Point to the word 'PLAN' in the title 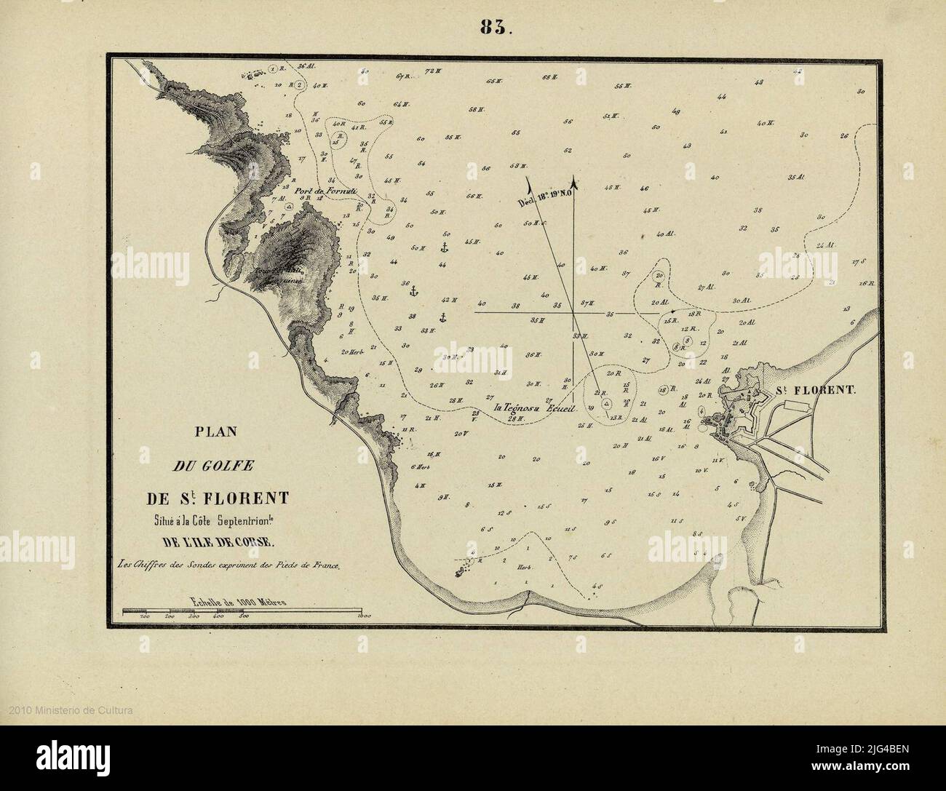216,431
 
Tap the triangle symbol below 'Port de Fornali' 289,207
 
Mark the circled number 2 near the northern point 298,85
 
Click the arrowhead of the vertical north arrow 575,180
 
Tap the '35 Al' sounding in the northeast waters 795,177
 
